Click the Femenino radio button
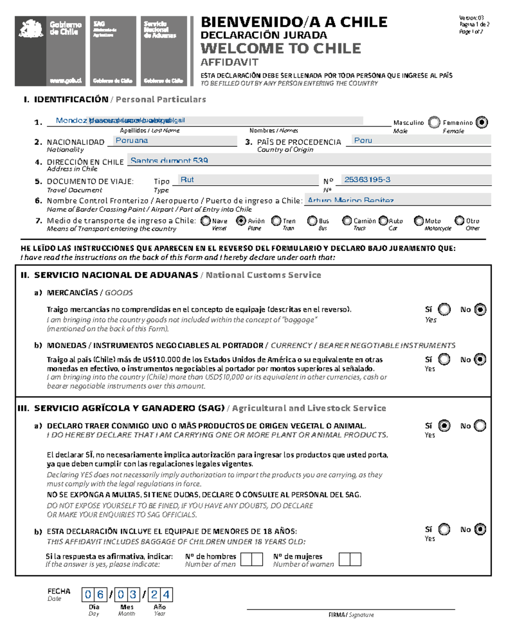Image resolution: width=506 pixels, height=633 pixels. pos(481,122)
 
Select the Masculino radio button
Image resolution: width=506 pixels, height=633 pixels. pos(434,122)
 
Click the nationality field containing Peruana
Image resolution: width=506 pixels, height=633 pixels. pos(172,141)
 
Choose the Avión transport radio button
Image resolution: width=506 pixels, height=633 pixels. pos(241,221)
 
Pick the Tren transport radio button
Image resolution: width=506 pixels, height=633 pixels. pos(276,221)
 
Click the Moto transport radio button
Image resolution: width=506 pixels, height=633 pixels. pos(419,221)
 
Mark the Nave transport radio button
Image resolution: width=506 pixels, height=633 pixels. pos(206,221)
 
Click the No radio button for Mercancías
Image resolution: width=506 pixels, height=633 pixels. pos(480,310)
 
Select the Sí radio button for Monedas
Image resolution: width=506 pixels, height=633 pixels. pos(444,360)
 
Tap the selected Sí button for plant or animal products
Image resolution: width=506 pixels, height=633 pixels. pos(444,426)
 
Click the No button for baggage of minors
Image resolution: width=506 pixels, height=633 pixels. pos(480,529)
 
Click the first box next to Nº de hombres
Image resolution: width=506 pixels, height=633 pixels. pos(246,560)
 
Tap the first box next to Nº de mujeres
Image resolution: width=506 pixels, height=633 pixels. pos(345,560)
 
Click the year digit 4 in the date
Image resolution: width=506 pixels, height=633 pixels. pos(166,595)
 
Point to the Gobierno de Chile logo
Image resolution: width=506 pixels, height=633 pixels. pos(50,51)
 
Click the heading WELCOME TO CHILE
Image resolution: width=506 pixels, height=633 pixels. pos(280,49)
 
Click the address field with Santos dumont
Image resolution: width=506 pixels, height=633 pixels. pos(310,160)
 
